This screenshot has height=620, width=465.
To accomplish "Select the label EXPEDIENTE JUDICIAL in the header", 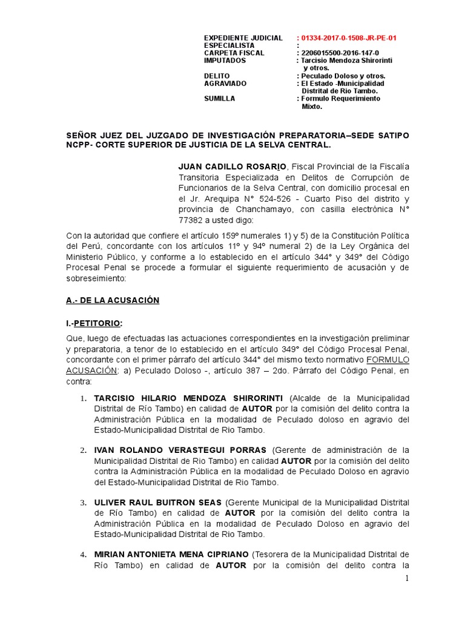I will [243, 38].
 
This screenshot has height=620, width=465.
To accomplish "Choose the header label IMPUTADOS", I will [225, 61].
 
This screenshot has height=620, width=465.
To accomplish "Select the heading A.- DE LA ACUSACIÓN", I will [112, 301].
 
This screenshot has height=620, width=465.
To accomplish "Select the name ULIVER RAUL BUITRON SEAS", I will [159, 503].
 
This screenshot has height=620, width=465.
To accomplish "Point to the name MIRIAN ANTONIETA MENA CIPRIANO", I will [171, 555].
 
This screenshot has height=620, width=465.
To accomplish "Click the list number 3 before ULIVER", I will [84, 503].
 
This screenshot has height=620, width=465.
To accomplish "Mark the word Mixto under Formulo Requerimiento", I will [312, 107].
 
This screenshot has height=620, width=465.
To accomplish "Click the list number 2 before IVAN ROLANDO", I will [84, 451].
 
